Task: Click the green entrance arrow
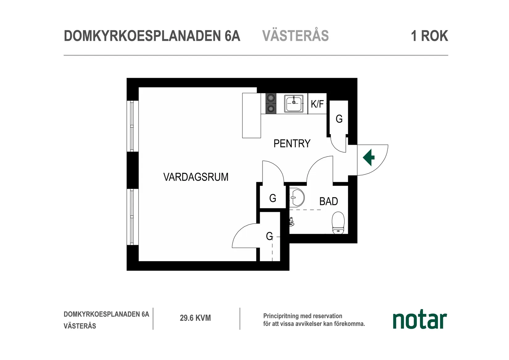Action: pos(369,157)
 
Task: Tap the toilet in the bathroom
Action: pos(338,223)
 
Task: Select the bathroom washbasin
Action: pos(297,197)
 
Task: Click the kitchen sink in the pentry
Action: pos(293,103)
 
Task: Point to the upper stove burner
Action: pos(271,98)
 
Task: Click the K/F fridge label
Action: pos(317,104)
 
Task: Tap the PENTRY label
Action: pos(292,144)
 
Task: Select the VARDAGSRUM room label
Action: pos(196,177)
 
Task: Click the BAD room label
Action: pos(329,201)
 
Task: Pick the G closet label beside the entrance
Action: pos(339,119)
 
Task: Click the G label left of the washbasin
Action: pos(273,198)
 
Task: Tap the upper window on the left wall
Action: pos(132,126)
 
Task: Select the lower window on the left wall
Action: pos(132,217)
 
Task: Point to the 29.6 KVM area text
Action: pos(195,318)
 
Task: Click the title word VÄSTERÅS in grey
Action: pos(295,36)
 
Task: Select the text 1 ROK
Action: pos(429,36)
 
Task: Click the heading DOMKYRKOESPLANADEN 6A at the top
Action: pos(152,36)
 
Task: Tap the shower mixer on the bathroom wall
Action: pos(291,222)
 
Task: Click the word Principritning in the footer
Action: pos(281,316)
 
